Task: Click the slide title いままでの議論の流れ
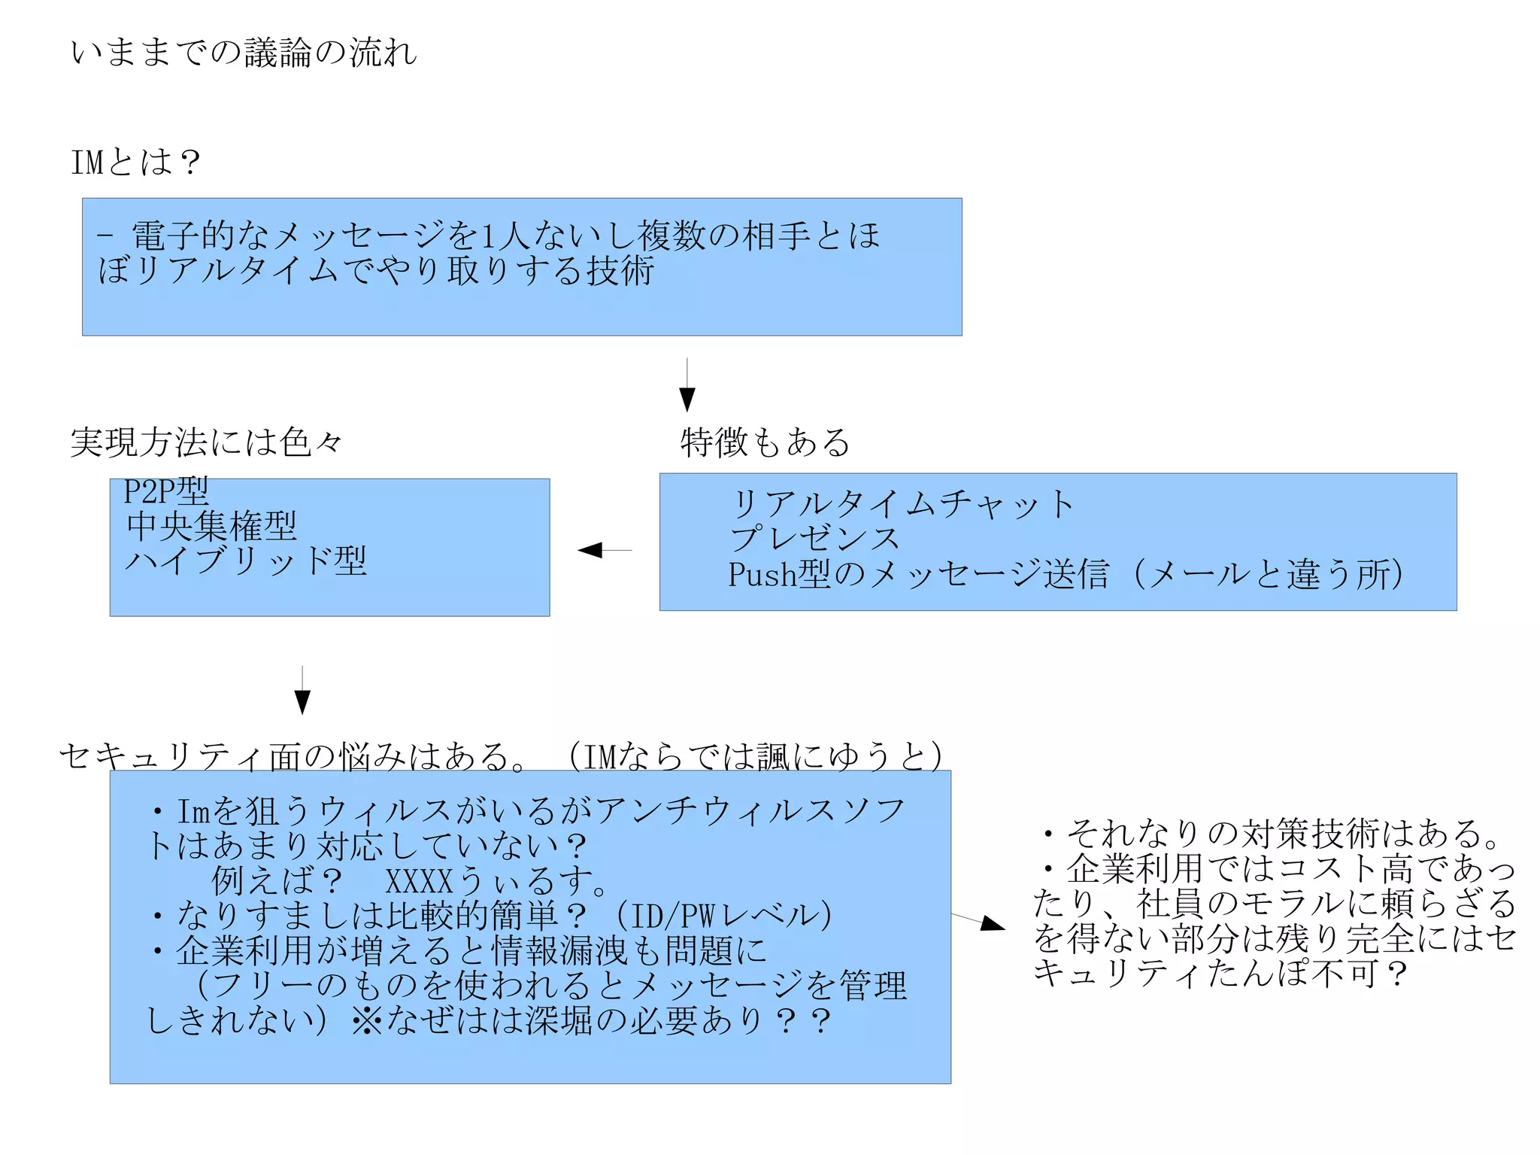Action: (243, 53)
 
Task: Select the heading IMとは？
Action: (136, 162)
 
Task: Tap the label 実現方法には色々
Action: (206, 442)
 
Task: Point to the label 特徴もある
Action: (765, 442)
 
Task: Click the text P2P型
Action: (166, 491)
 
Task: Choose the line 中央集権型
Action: (211, 526)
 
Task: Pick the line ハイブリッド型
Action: (246, 561)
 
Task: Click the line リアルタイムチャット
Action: (902, 503)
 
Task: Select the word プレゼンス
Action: (815, 539)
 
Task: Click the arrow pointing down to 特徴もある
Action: (687, 385)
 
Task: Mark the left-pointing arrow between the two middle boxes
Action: (604, 550)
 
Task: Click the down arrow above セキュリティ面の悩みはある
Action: (302, 690)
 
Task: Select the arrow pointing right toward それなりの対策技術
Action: (979, 920)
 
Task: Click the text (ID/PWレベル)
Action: (724, 916)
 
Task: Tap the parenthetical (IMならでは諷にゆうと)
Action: (755, 755)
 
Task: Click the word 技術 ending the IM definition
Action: (620, 271)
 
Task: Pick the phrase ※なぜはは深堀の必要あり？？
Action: (590, 1020)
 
